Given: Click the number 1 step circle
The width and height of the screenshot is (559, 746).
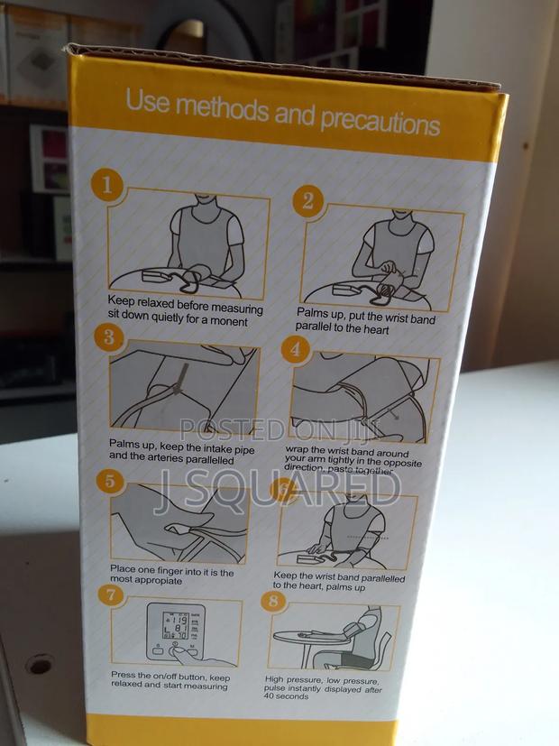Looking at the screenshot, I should click(106, 187).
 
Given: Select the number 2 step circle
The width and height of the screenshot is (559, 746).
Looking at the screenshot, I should click(307, 200).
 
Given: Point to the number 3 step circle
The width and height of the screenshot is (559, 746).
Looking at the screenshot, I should click(109, 338).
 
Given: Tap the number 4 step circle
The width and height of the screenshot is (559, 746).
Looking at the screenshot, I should click(295, 348).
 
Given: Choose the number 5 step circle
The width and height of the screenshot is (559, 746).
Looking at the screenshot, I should click(110, 480).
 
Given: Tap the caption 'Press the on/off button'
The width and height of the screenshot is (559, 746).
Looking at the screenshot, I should click(170, 680).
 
